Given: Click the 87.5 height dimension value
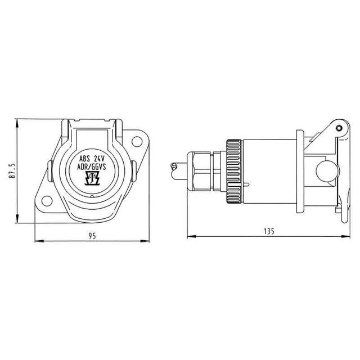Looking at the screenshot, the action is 12,171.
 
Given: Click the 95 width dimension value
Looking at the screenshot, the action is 92,236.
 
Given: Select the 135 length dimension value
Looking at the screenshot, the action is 269,231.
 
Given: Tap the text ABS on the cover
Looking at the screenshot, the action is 84,159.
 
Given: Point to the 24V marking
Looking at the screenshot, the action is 99,159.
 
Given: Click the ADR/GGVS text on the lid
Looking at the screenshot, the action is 92,167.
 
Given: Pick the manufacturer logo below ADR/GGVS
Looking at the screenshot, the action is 92,178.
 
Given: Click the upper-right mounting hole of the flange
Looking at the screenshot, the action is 136,141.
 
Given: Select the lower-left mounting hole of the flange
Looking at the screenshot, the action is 47,201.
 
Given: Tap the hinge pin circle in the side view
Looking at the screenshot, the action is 339,128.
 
